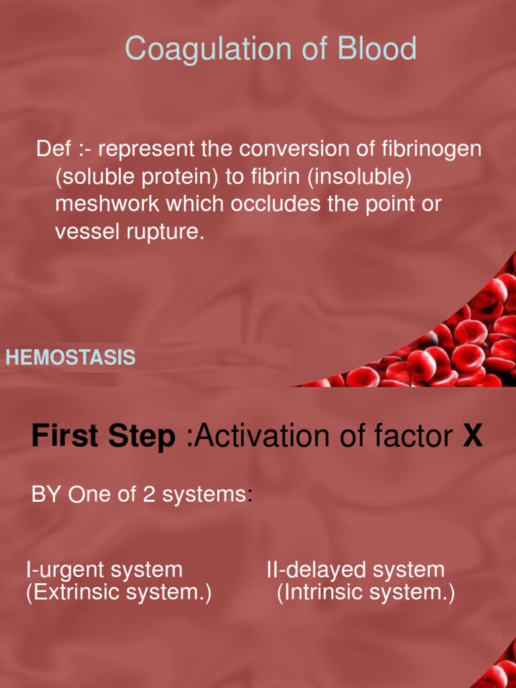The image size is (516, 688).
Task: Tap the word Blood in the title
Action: tap(377, 50)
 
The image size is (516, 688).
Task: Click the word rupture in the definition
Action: tap(168, 232)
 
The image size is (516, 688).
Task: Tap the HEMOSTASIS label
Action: tap(71, 358)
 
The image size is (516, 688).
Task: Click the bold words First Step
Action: tap(103, 437)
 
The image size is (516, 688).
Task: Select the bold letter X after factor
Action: tap(473, 437)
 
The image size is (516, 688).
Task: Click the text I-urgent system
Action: tap(104, 570)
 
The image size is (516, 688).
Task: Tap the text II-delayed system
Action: tap(355, 570)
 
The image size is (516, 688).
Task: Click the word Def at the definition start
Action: tap(50, 149)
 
